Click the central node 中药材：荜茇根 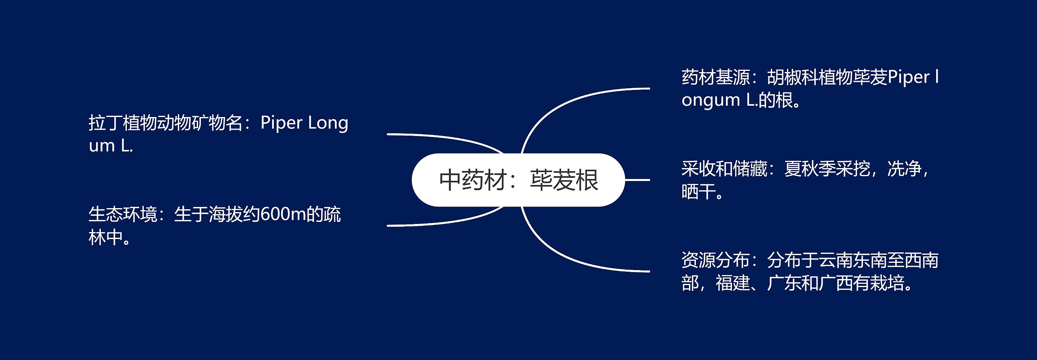click(518, 180)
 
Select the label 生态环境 click(123, 215)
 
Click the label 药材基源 click(716, 77)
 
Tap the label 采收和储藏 click(724, 169)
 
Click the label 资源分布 click(716, 260)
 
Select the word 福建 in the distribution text click(733, 283)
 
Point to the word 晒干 click(698, 192)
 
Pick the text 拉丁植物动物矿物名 click(165, 123)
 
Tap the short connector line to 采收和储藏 click(637, 180)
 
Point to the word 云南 click(836, 260)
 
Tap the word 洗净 click(904, 169)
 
